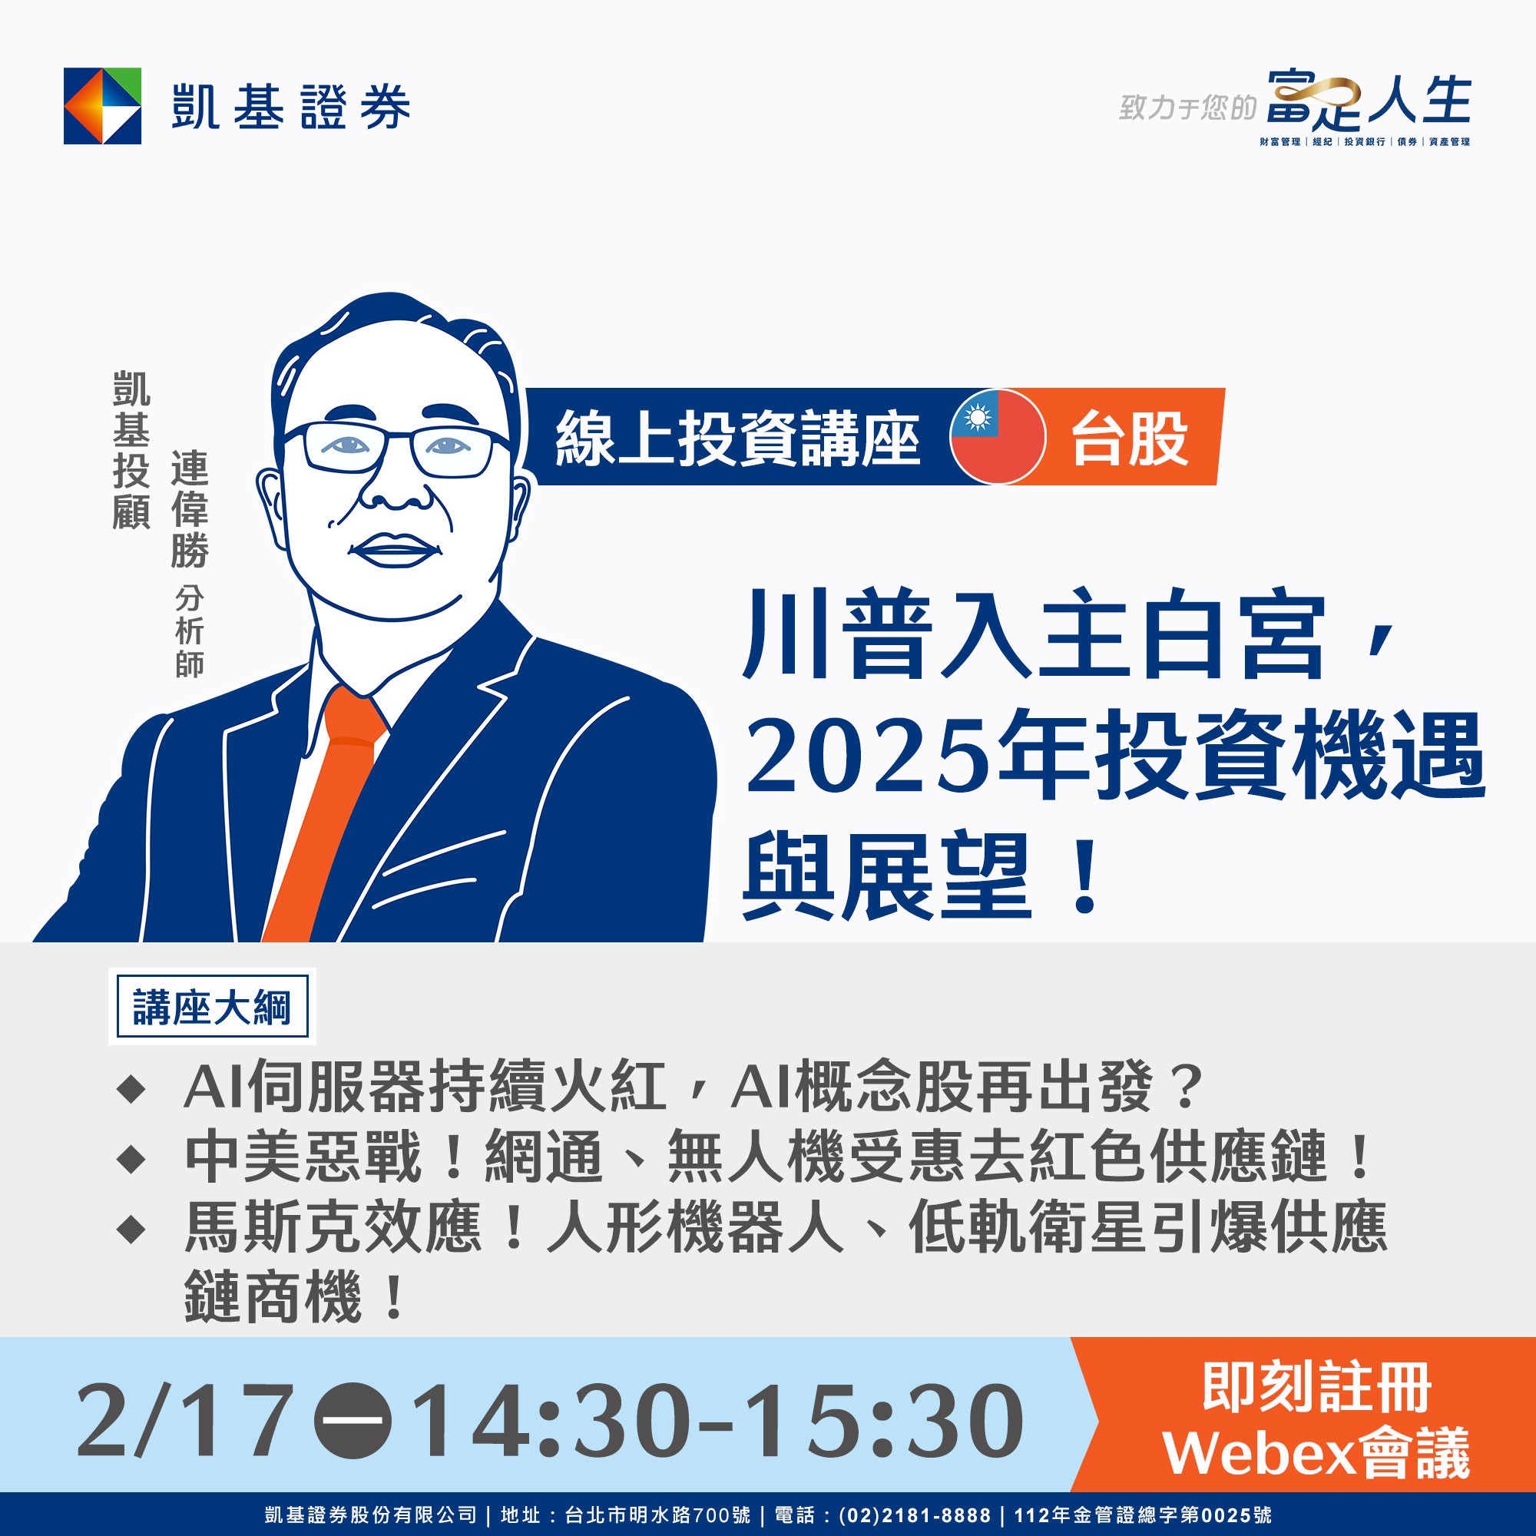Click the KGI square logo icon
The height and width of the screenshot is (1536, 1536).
[x=103, y=106]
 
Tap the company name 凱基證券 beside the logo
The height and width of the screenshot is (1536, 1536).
[x=291, y=107]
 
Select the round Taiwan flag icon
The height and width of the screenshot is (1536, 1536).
[x=998, y=436]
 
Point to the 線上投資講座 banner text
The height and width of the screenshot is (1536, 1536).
[x=738, y=438]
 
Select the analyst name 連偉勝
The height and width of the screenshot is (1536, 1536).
[x=189, y=509]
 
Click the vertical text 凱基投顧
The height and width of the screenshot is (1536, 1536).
[x=131, y=450]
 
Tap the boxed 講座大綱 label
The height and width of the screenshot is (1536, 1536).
[x=211, y=1008]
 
